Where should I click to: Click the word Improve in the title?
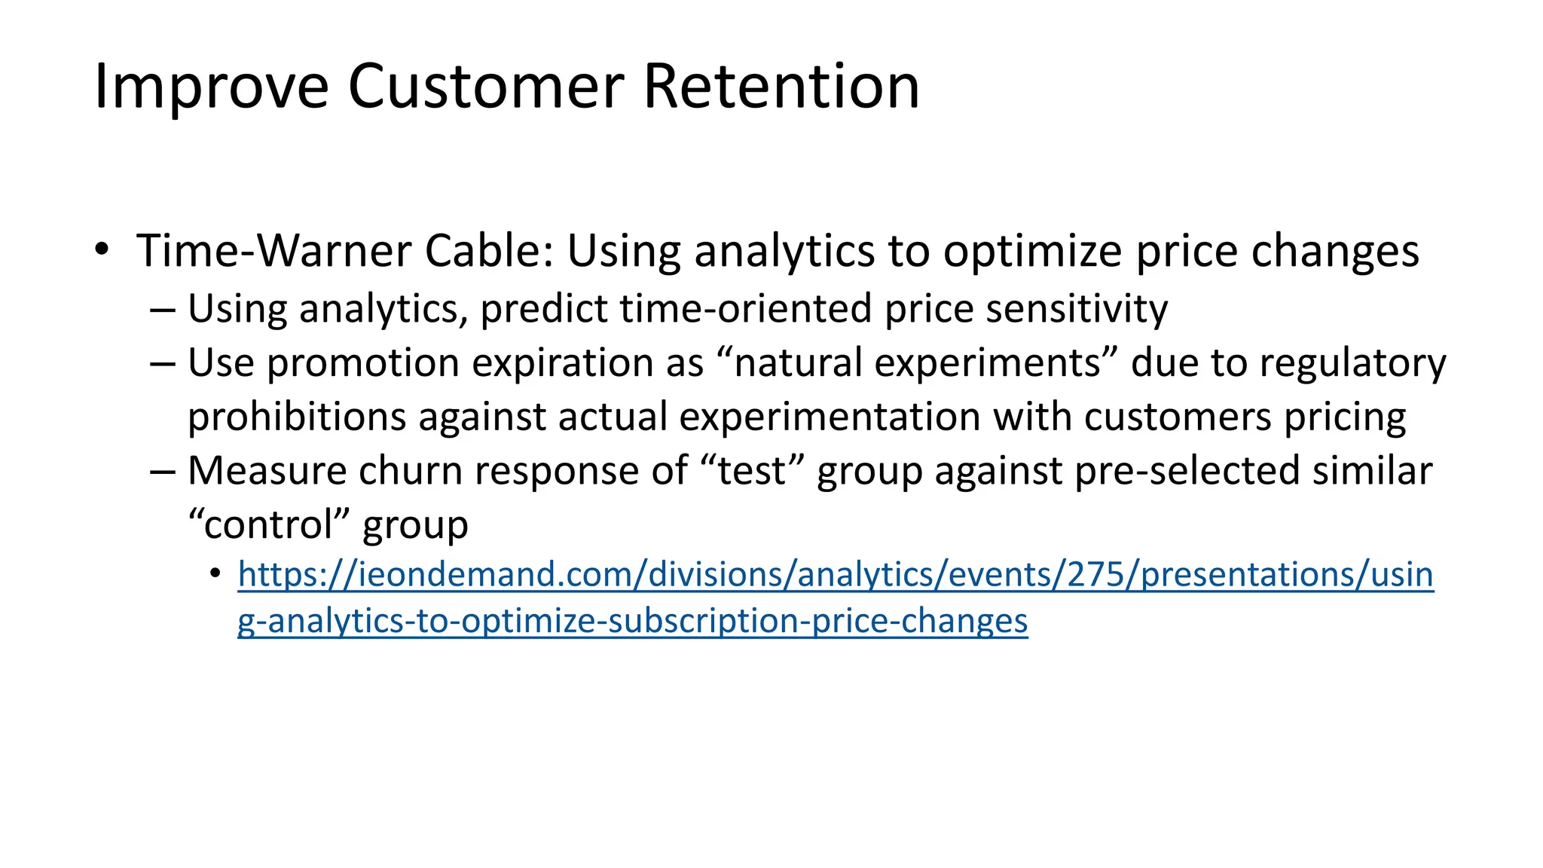coord(212,87)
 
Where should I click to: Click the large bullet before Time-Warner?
coord(102,249)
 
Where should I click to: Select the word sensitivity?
coord(1077,309)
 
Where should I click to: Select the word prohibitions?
coord(297,417)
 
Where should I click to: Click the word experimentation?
coord(830,417)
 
